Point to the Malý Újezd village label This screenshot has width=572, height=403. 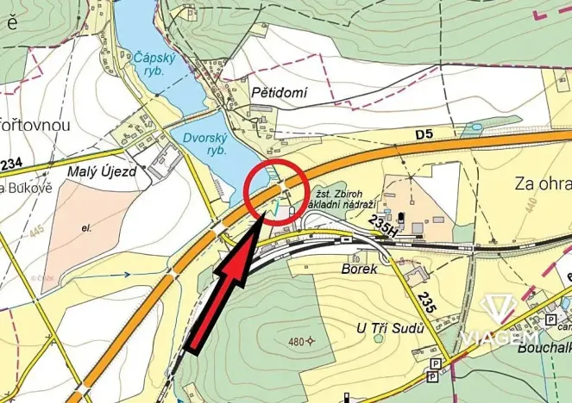coord(103,172)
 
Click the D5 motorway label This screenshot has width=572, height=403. coord(423,133)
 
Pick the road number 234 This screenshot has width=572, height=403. coord(10,164)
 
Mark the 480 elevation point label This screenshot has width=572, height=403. coord(297,342)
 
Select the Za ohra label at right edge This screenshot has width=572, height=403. coord(544,183)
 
